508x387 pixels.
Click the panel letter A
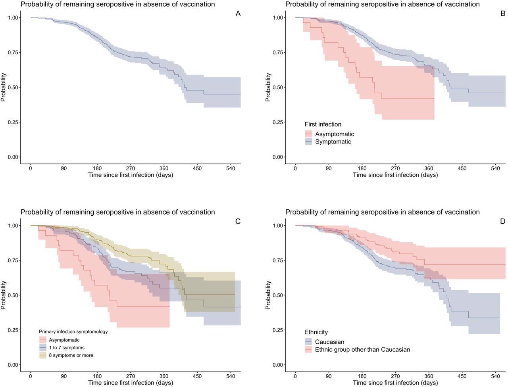pyautogui.click(x=238, y=14)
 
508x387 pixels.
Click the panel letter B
pyautogui.click(x=502, y=14)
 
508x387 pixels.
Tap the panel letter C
pyautogui.click(x=238, y=222)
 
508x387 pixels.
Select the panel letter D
pyautogui.click(x=502, y=222)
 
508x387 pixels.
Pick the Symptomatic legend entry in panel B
pyautogui.click(x=333, y=142)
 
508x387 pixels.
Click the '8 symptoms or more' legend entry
pyautogui.click(x=71, y=355)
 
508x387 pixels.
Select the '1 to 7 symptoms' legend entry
pyautogui.click(x=66, y=348)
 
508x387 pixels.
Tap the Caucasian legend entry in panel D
pyautogui.click(x=329, y=342)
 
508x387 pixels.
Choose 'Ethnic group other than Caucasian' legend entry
pyautogui.click(x=362, y=349)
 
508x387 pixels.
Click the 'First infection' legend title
pyautogui.click(x=323, y=125)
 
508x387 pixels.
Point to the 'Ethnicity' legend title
pyautogui.click(x=316, y=332)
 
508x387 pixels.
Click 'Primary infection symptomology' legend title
pyautogui.click(x=73, y=331)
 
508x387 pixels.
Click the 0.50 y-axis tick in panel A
pyautogui.click(x=13, y=87)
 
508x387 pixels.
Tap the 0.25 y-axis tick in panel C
pyautogui.click(x=13, y=330)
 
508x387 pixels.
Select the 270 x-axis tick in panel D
pyautogui.click(x=395, y=376)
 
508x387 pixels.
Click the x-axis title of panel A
pyautogui.click(x=131, y=175)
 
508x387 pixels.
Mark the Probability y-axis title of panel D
pyautogui.click(x=268, y=295)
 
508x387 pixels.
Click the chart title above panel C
pyautogui.click(x=118, y=212)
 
